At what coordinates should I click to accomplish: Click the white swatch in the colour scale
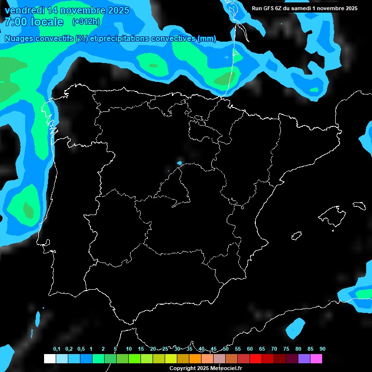(49, 358)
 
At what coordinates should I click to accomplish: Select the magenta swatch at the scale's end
(316, 358)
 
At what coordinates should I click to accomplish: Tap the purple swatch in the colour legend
(304, 358)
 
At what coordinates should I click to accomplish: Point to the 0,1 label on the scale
(57, 349)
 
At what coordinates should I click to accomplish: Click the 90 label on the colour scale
(323, 349)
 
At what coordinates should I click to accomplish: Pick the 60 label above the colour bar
(250, 349)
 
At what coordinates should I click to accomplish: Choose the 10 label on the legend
(128, 349)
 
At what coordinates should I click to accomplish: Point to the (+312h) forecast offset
(86, 22)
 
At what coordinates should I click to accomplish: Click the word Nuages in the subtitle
(19, 38)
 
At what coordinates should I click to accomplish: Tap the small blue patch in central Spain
(179, 163)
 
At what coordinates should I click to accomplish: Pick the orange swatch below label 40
(195, 358)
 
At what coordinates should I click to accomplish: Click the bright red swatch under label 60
(256, 358)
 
